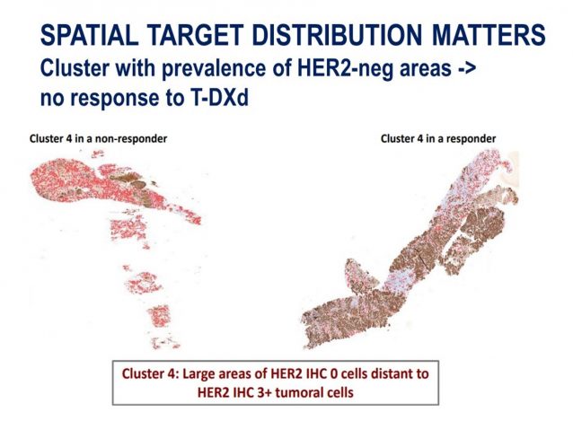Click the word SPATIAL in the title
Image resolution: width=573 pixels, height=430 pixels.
coord(90,35)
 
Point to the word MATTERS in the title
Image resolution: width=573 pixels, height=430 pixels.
coord(489,35)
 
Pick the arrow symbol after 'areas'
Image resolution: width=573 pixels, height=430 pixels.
coord(466,69)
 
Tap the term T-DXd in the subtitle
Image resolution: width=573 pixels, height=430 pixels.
coord(218,98)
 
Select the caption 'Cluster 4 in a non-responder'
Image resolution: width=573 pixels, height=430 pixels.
coord(98,139)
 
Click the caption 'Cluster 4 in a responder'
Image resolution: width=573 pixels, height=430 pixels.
coord(438,139)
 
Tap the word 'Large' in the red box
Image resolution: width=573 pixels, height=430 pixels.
coord(197,374)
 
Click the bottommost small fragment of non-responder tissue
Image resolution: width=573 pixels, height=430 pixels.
coord(165,343)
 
